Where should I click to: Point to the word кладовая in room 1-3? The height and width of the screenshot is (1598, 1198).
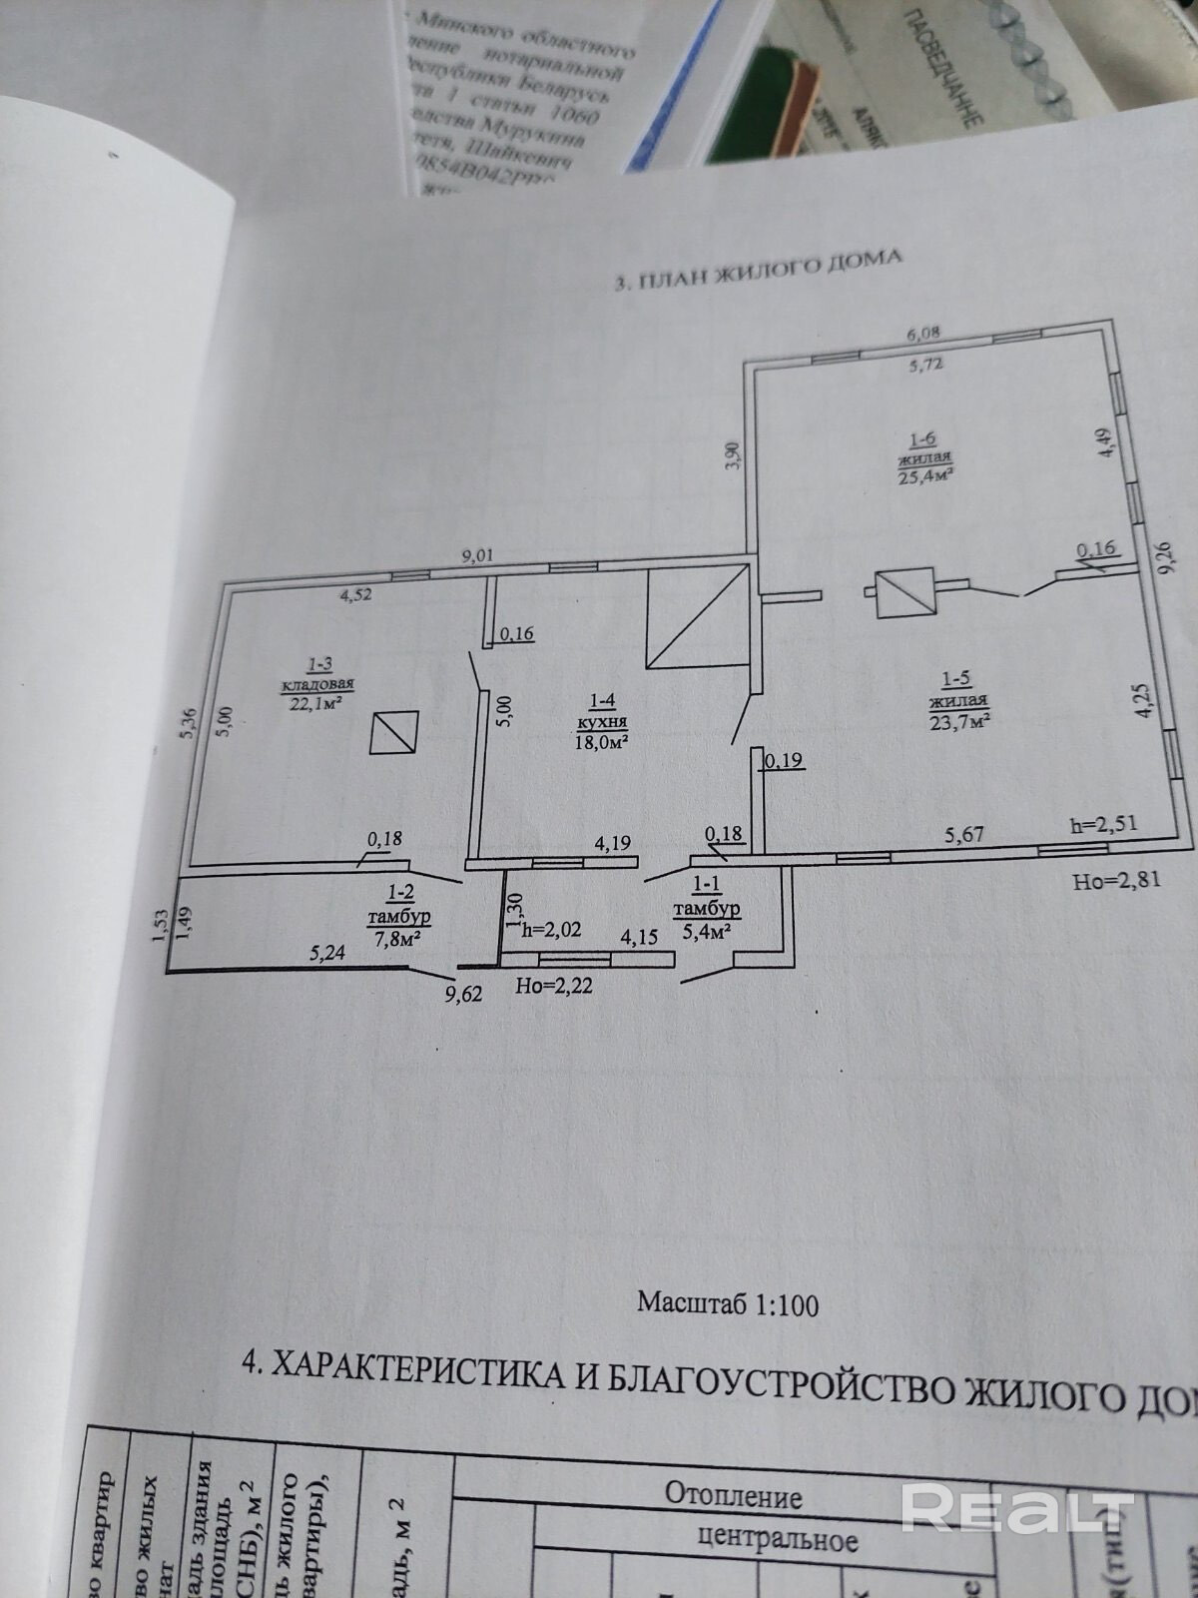(x=317, y=684)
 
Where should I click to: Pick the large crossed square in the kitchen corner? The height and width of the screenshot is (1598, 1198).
(x=697, y=616)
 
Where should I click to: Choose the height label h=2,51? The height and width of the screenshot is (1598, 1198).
(x=1103, y=825)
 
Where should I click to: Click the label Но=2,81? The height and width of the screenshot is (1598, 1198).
(x=1117, y=881)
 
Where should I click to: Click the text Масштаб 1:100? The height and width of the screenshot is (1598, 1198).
(x=728, y=1304)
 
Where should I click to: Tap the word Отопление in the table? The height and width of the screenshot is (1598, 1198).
(x=734, y=1496)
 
